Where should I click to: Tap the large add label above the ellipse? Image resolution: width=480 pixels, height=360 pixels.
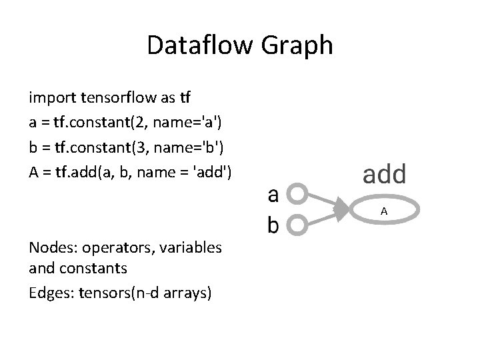click(384, 173)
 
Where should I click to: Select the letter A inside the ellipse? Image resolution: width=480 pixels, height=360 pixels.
click(384, 211)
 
